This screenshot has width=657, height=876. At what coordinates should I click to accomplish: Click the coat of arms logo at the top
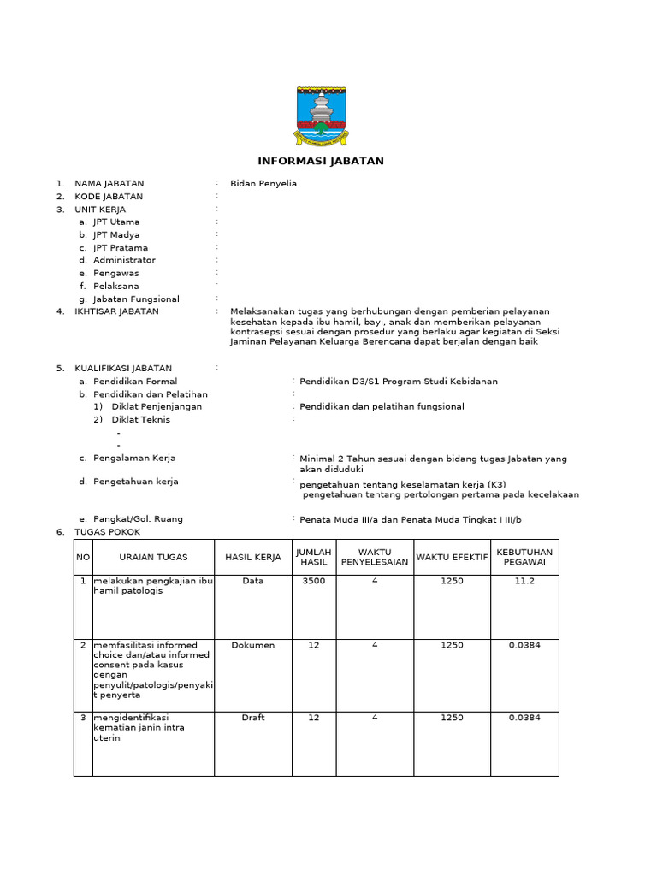click(321, 113)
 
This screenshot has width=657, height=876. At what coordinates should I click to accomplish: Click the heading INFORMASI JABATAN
click(321, 161)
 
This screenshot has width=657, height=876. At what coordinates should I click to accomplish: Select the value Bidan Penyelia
click(263, 183)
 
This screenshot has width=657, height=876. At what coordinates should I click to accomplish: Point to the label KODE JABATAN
click(109, 196)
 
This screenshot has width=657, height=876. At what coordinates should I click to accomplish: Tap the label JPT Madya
click(116, 234)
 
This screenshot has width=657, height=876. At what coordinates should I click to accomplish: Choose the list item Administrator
click(124, 260)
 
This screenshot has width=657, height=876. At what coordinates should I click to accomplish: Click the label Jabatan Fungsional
click(136, 299)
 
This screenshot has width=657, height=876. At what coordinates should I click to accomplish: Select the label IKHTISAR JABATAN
click(116, 311)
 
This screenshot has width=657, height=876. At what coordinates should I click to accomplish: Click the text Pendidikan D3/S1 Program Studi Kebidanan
click(398, 382)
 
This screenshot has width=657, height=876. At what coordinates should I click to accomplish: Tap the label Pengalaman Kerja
click(134, 459)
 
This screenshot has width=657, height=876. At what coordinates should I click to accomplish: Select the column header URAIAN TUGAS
click(153, 557)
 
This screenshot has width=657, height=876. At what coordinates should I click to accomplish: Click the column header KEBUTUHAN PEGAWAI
click(524, 557)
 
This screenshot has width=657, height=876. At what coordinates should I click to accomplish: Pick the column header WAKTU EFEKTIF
click(452, 557)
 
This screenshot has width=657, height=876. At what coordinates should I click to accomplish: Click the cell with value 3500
click(314, 581)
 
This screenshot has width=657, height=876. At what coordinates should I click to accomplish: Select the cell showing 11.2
click(524, 581)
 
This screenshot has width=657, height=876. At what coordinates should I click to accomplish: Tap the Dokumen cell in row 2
click(253, 645)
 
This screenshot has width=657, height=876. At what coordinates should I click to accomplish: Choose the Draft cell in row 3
click(253, 718)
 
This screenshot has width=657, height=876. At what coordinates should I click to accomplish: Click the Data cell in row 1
click(253, 581)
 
